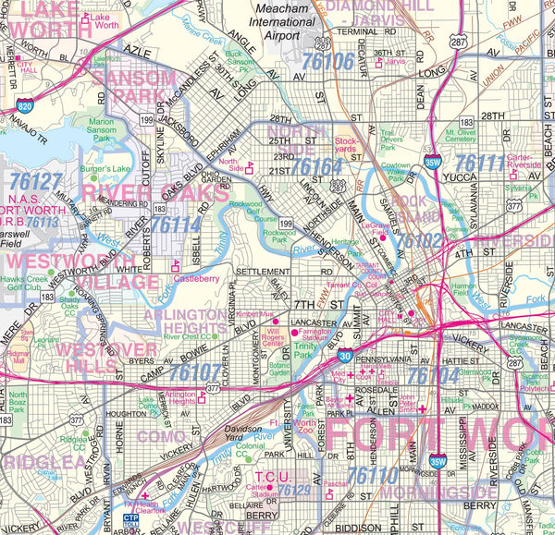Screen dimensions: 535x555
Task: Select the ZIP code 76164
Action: click(x=316, y=166)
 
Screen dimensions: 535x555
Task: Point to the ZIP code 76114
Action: click(x=175, y=224)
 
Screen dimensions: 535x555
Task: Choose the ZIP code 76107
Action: click(x=195, y=372)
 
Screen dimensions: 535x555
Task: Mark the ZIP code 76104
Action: click(x=433, y=376)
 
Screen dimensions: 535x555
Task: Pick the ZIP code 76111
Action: click(x=481, y=164)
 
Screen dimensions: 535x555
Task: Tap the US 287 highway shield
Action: click(x=459, y=40)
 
